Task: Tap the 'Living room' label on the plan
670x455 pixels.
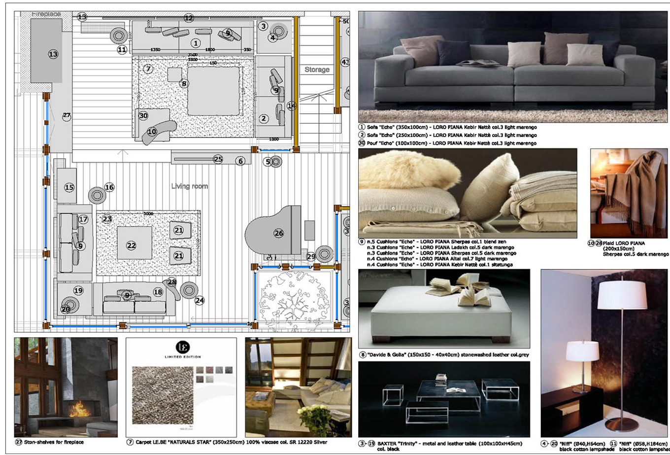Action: (190, 186)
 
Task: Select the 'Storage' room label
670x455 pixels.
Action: (317, 70)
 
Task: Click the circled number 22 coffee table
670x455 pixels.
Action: (131, 245)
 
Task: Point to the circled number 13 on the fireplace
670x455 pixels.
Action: (53, 54)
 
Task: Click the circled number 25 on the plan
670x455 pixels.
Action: (218, 159)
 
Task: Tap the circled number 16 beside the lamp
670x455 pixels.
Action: (109, 187)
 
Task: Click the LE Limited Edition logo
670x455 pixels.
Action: (181, 348)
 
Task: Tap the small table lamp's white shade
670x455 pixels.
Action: (582, 350)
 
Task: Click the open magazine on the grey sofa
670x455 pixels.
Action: (471, 63)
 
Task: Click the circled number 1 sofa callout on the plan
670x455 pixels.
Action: (196, 43)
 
